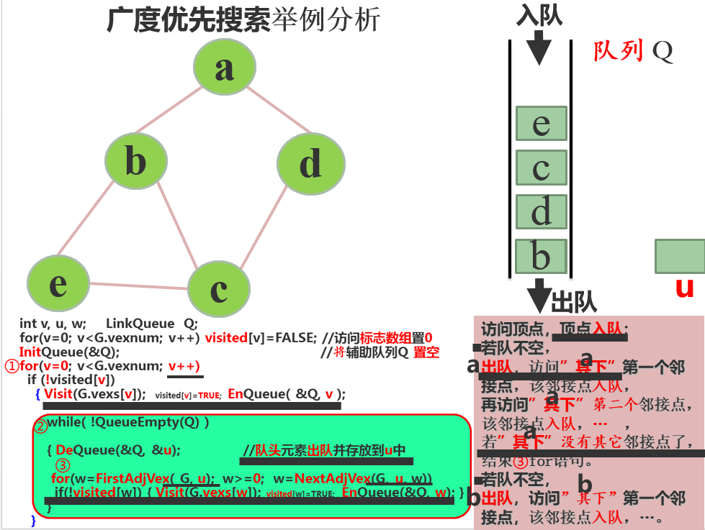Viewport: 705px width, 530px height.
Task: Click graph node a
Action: point(225,68)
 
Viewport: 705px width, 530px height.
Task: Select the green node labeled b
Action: point(135,161)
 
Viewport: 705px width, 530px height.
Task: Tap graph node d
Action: point(309,164)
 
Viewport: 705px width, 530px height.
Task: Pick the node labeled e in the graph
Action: point(58,283)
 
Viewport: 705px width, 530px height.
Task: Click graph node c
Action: point(219,289)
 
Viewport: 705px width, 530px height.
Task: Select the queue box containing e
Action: point(541,124)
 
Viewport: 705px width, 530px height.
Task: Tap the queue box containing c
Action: point(541,168)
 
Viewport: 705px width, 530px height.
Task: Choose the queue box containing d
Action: point(541,213)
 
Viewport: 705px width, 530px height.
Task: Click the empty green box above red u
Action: point(679,257)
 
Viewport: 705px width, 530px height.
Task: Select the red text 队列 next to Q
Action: point(619,51)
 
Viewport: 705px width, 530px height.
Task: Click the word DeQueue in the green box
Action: point(78,450)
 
